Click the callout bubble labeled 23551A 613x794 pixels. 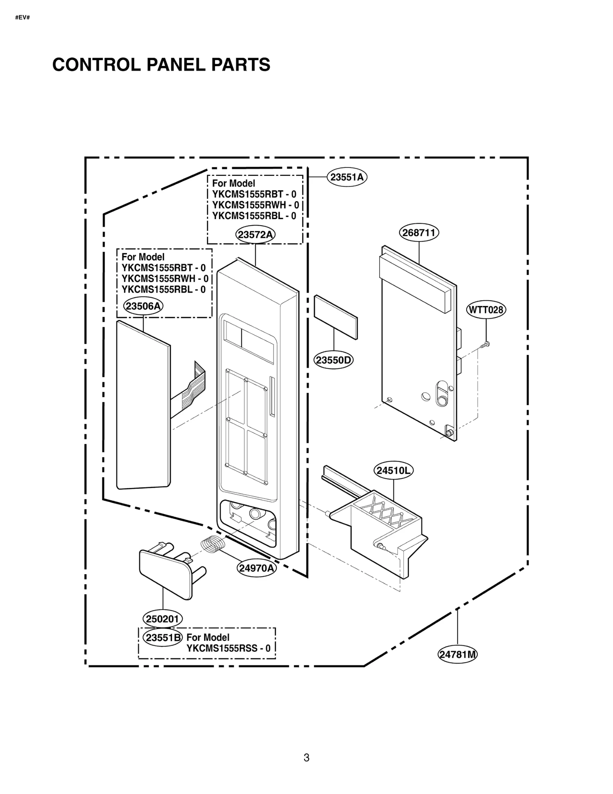(347, 177)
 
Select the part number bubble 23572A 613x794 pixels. (256, 234)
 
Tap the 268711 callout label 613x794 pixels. (419, 232)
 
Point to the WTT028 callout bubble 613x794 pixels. (486, 309)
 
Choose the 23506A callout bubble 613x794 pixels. (143, 306)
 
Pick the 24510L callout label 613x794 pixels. (393, 470)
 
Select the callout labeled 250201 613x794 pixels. (163, 619)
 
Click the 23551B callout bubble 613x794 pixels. (163, 637)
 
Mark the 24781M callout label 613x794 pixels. (458, 654)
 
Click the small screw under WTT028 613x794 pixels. (484, 345)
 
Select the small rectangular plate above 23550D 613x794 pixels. (336, 317)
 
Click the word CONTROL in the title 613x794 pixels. (97, 65)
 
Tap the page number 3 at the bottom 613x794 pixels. (306, 757)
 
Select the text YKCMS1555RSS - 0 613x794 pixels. (228, 648)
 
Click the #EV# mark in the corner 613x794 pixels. (22, 18)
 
